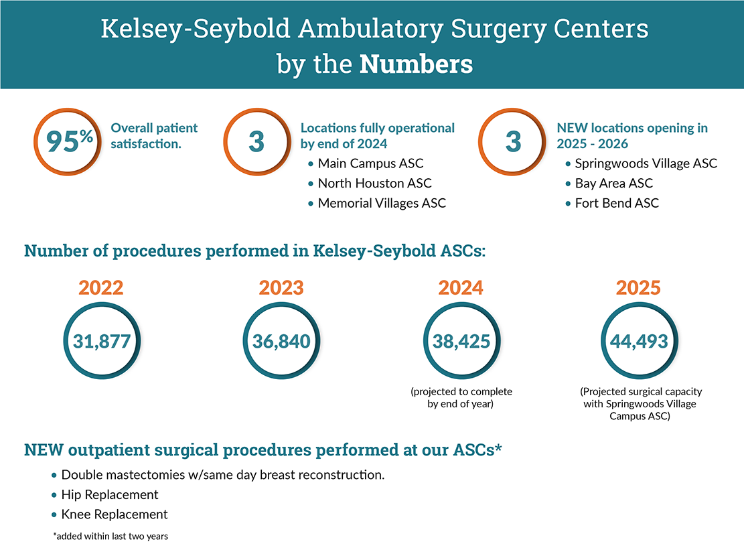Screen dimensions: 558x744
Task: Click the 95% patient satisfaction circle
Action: pos(66,142)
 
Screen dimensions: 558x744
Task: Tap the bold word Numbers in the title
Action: pos(416,65)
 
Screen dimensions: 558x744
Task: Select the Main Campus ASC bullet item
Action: pos(370,163)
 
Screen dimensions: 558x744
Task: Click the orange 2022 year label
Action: pos(101,287)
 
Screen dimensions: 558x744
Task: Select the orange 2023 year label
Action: pos(281,287)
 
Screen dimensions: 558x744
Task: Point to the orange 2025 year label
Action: pos(638,287)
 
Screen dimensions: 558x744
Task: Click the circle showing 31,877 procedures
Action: pos(102,341)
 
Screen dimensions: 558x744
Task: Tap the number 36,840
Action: pos(281,342)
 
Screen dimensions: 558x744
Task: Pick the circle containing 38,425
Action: pos(461,341)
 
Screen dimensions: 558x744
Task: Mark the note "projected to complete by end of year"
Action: pos(461,398)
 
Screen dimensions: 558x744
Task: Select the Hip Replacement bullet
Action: pos(109,495)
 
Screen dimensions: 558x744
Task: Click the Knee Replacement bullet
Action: pos(114,514)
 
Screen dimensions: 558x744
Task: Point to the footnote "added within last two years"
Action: pos(110,537)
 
